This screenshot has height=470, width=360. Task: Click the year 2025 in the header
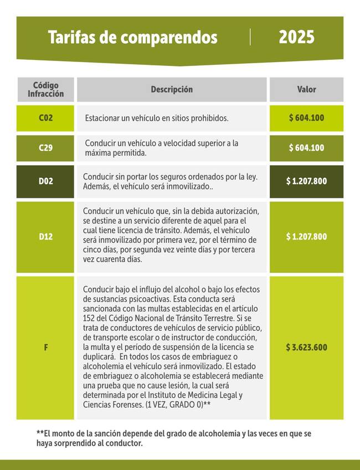pos(296,38)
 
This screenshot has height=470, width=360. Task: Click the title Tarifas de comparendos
pos(132,38)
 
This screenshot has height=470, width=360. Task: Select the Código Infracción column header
pos(45,89)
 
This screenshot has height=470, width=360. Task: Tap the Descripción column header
pos(172,89)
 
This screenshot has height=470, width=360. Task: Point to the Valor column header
pos(306,89)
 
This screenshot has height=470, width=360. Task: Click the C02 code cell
pos(45,118)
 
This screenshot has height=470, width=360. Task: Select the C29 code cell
pos(45,148)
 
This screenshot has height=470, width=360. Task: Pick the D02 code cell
pos(45,181)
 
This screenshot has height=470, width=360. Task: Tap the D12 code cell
pos(45,237)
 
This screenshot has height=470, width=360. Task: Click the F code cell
pos(45,348)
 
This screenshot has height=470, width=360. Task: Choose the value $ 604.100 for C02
pos(306,118)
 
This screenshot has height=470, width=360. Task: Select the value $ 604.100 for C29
pos(306,148)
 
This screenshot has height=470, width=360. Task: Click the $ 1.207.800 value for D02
pos(306,181)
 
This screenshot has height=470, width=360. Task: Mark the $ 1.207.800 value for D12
pos(306,237)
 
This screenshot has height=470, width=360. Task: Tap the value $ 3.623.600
pos(306,348)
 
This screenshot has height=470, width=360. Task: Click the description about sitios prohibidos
pos(157,119)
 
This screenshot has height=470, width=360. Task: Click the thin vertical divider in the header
pos(251,37)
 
